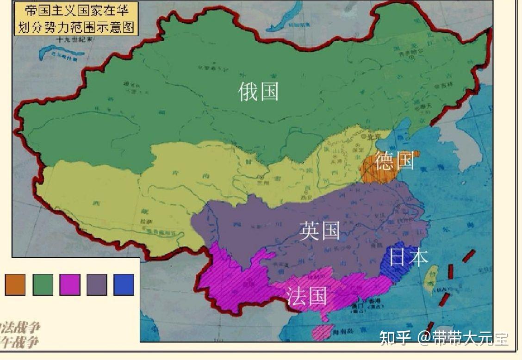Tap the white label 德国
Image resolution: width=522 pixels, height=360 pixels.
pyautogui.click(x=394, y=161)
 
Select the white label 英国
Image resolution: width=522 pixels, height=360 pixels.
pyautogui.click(x=319, y=230)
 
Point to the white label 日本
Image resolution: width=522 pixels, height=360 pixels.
pyautogui.click(x=408, y=257)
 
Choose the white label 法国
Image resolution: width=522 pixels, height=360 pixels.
pyautogui.click(x=306, y=296)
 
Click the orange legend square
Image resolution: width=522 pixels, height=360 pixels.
pyautogui.click(x=15, y=285)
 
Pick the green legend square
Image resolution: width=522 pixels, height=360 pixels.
pyautogui.click(x=43, y=285)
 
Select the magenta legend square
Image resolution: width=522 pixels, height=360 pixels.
pyautogui.click(x=70, y=285)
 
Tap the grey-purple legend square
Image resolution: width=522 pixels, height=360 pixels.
pyautogui.click(x=97, y=285)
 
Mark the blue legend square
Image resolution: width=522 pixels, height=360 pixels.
pyautogui.click(x=124, y=285)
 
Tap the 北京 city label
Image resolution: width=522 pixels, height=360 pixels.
pyautogui.click(x=372, y=137)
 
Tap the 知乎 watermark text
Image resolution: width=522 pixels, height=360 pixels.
pyautogui.click(x=394, y=338)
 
